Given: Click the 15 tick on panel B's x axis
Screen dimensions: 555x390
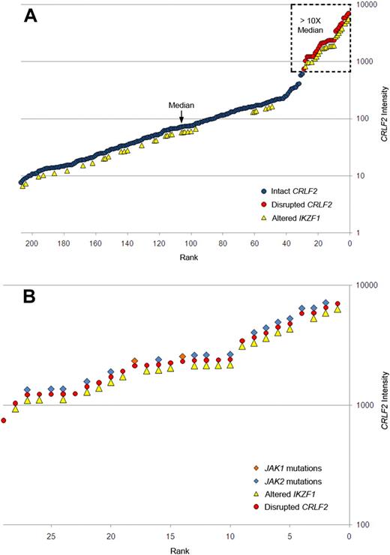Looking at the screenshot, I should pyautogui.click(x=170, y=536).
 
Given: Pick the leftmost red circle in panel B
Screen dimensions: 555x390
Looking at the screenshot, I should pyautogui.click(x=4, y=421).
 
